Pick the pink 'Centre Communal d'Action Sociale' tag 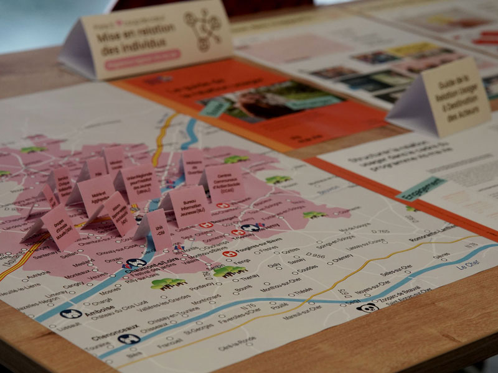[225, 183]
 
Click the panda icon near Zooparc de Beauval [368, 307]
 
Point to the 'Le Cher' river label [470, 265]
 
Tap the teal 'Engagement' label [421, 188]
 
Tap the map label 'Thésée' [303, 290]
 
